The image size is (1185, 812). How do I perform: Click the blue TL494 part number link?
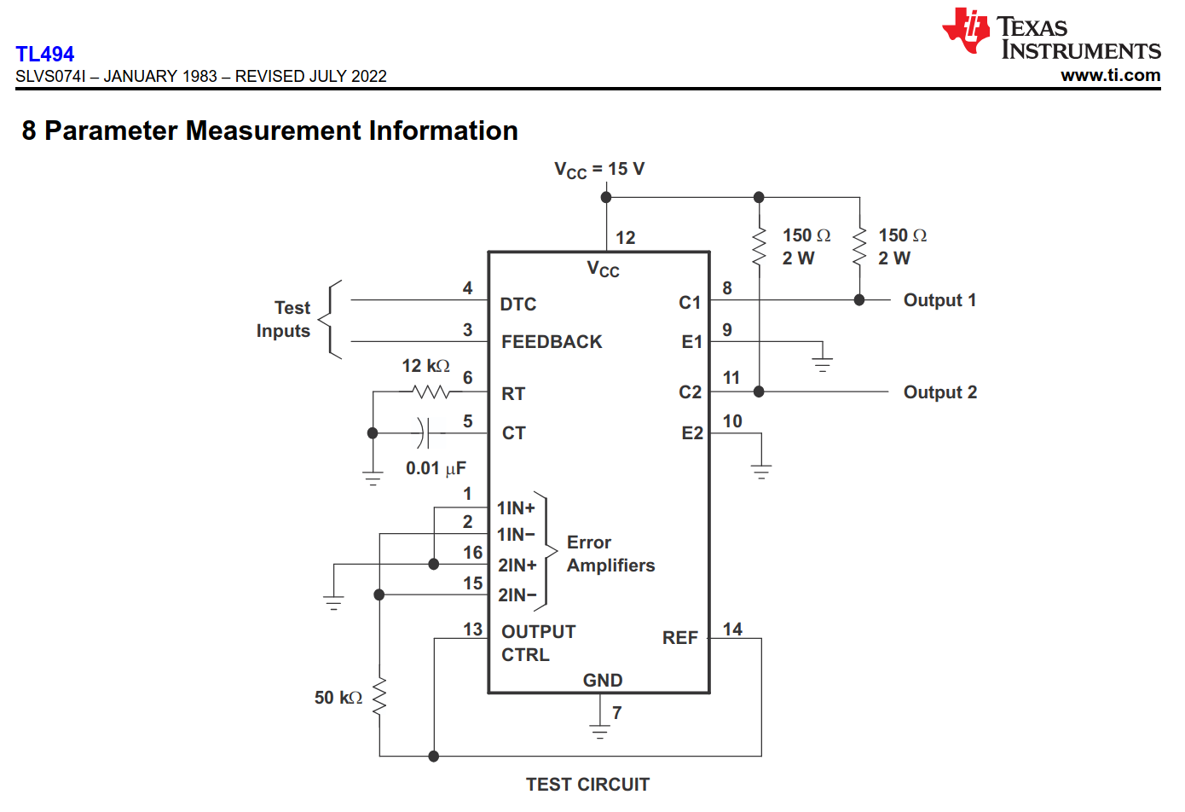pyautogui.click(x=44, y=54)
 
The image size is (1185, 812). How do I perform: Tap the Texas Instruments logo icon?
pyautogui.click(x=966, y=31)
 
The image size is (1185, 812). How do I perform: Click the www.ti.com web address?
pyautogui.click(x=1110, y=75)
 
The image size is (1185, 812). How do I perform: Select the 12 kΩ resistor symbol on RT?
pyautogui.click(x=431, y=392)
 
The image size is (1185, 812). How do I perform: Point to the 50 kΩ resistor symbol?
pyautogui.click(x=379, y=697)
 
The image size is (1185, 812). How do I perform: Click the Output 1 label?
pyautogui.click(x=939, y=300)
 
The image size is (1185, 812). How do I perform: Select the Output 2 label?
pyautogui.click(x=939, y=392)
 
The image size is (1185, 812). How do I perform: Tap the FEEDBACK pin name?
pyautogui.click(x=552, y=342)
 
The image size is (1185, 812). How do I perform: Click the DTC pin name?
pyautogui.click(x=518, y=304)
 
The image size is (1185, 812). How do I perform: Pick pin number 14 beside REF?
pyautogui.click(x=732, y=629)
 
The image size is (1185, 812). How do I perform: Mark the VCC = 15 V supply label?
pyautogui.click(x=599, y=170)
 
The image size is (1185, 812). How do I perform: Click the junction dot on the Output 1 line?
pyautogui.click(x=859, y=300)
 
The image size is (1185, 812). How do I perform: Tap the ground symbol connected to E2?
pyautogui.click(x=761, y=471)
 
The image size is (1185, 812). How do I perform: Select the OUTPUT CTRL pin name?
pyautogui.click(x=538, y=643)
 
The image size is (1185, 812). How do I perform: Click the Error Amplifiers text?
pyautogui.click(x=610, y=554)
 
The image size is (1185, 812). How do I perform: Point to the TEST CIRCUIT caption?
pyautogui.click(x=587, y=785)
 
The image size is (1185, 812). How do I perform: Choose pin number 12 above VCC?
pyautogui.click(x=626, y=238)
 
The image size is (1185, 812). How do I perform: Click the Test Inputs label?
pyautogui.click(x=284, y=319)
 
